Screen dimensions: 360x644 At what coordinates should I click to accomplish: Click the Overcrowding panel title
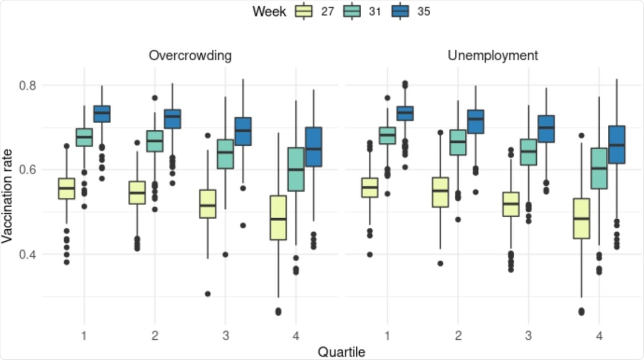coord(190,55)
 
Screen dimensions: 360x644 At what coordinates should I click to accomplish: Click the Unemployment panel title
coord(493,55)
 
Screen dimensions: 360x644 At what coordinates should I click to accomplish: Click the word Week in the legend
coord(269,11)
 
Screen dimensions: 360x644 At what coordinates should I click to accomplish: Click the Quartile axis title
coord(341,351)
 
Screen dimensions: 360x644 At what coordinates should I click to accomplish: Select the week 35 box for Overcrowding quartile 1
coord(102,114)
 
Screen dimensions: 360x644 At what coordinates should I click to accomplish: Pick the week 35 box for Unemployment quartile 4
coord(616,144)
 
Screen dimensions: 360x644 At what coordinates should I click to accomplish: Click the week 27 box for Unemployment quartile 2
coord(440,192)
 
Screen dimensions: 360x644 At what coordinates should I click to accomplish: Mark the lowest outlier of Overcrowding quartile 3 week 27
coord(207,294)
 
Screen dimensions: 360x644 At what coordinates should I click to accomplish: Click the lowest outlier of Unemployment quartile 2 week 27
coord(440,263)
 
